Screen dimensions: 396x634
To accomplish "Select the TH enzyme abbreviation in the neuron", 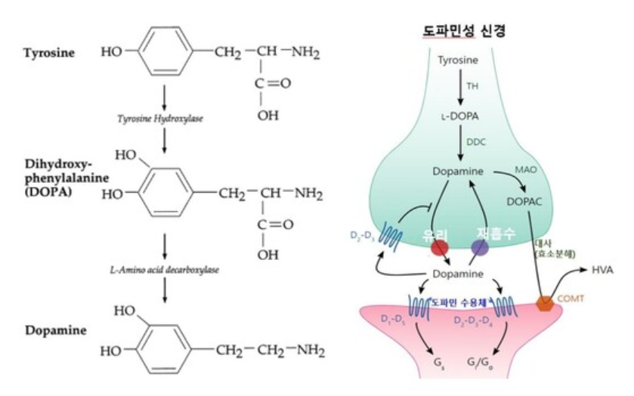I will (x=472, y=87).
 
